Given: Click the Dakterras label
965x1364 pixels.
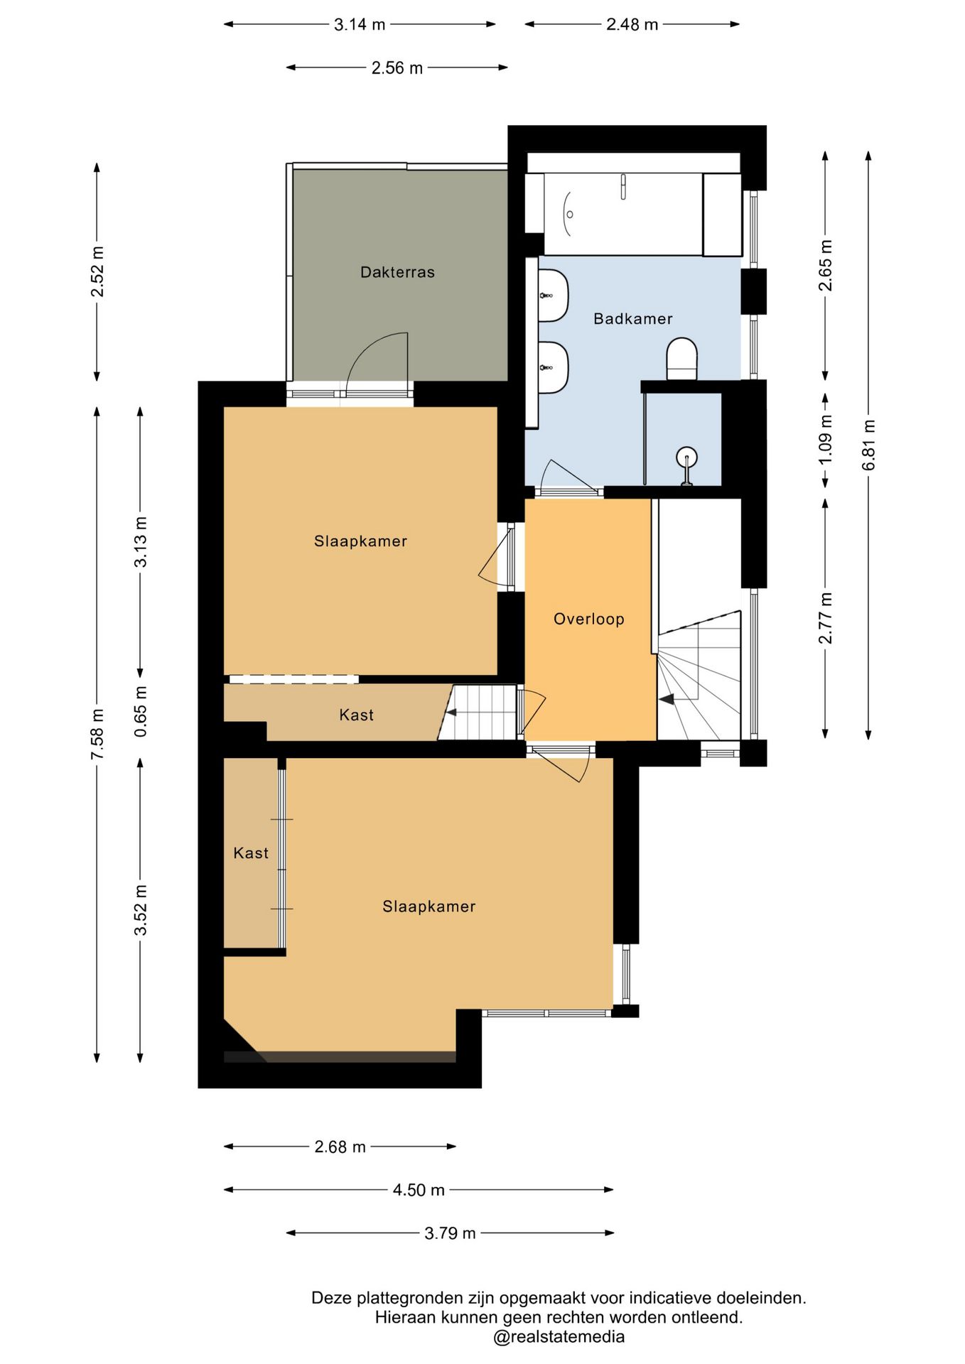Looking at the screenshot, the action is point(397,272).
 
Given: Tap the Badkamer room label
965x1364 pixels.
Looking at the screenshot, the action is point(633,319).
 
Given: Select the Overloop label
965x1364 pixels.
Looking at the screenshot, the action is point(589,619).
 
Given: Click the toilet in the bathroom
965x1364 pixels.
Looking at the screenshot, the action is point(682,359).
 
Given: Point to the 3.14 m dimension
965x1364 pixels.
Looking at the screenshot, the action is point(360,24).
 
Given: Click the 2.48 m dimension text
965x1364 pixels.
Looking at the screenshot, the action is point(632,24).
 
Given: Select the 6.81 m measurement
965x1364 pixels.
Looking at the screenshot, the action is point(868,445).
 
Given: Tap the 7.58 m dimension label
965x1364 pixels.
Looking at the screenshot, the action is point(97,734).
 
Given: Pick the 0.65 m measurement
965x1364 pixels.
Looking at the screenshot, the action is point(141,711).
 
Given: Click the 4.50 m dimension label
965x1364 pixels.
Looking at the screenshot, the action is point(419,1190).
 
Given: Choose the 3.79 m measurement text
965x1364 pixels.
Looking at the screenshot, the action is point(450,1233).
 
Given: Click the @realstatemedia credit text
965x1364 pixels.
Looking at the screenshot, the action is point(559,1337).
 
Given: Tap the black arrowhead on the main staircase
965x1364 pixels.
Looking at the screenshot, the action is point(666,700).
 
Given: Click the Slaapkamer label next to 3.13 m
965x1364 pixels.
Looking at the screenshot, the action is point(360,541).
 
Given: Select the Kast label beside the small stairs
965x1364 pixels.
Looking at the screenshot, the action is point(356,715).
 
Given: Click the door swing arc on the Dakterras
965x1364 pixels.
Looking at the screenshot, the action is point(369,347).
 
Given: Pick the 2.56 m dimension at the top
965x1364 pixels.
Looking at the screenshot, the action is point(397,68).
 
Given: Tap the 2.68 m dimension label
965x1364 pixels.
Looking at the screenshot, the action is point(340,1147).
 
